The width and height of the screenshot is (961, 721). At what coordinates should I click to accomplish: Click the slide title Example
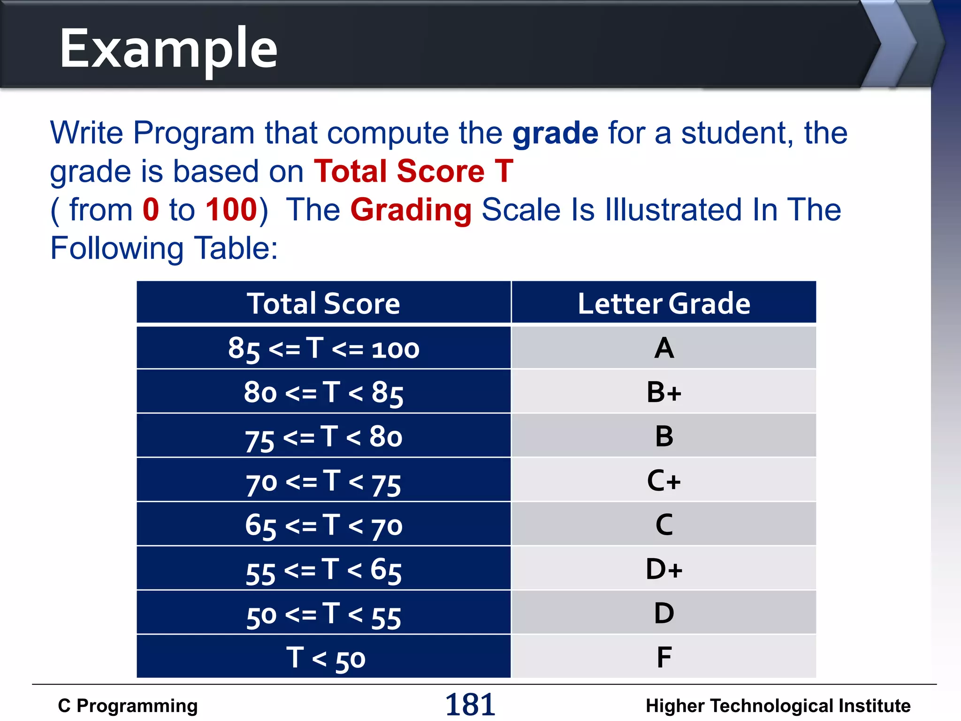click(x=169, y=49)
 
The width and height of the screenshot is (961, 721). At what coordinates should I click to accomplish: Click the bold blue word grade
click(x=555, y=133)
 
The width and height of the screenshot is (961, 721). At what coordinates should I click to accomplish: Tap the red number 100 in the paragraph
click(x=231, y=210)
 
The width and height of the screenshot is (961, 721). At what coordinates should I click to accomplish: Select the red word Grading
click(x=411, y=210)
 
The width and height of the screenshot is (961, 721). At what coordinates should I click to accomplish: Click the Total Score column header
click(x=324, y=303)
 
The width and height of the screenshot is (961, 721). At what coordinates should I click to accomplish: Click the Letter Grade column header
click(x=664, y=303)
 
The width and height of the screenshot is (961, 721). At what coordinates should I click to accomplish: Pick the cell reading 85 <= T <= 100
click(x=324, y=348)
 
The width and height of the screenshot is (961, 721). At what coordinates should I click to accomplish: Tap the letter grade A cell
click(x=664, y=348)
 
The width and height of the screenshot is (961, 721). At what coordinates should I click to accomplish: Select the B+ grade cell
click(x=664, y=392)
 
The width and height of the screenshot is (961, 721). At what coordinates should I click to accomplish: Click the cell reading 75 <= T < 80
click(x=324, y=437)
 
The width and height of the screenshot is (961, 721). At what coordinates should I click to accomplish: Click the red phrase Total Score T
click(x=413, y=171)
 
